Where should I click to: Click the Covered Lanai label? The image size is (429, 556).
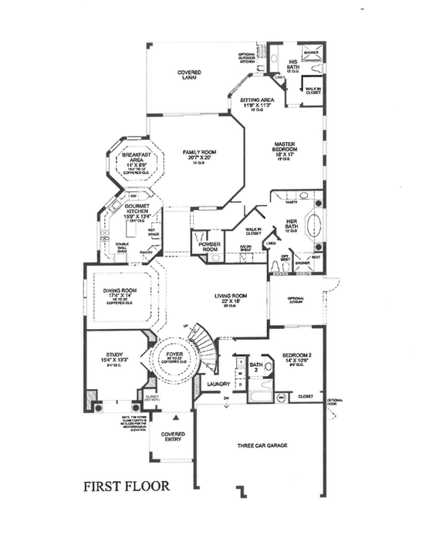[187, 75]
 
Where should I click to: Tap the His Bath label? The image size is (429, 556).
[294, 65]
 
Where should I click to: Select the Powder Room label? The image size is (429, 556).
[210, 247]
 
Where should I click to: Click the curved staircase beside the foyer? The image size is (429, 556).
[204, 347]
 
